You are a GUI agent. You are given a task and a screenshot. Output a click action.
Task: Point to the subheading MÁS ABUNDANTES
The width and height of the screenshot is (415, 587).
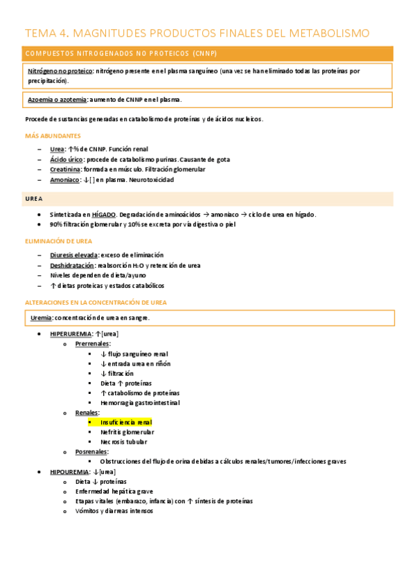click(x=53, y=136)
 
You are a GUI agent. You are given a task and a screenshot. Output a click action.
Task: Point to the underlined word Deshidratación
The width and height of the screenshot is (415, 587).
click(x=71, y=265)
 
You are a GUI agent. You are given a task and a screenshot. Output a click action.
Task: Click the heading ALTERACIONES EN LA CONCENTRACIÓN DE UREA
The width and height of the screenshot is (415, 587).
click(x=96, y=302)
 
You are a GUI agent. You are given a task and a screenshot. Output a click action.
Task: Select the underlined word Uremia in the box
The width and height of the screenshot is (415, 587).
click(x=42, y=318)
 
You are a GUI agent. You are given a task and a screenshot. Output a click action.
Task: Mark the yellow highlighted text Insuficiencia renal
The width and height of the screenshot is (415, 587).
click(x=126, y=422)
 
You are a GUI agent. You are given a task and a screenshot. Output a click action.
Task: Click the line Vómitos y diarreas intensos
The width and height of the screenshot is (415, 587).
click(x=114, y=511)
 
